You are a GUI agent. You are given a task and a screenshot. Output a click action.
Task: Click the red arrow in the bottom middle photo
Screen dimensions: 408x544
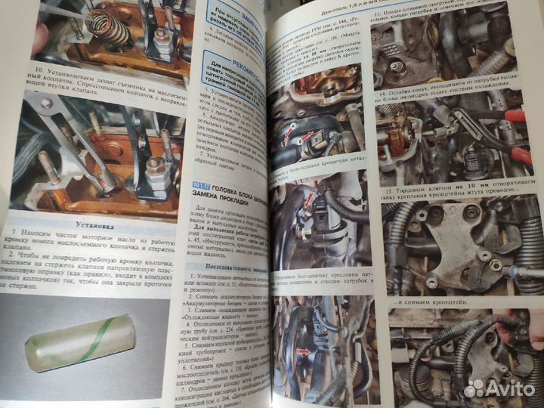click(x=303, y=352)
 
